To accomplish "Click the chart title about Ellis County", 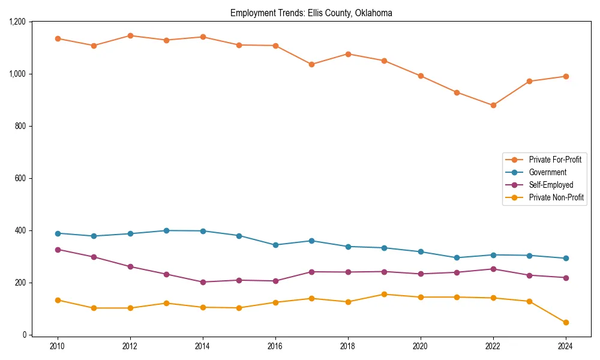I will (x=311, y=13).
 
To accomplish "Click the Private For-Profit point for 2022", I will (x=493, y=105).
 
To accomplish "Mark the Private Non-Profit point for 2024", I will (x=566, y=322).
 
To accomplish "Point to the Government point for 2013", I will (x=166, y=230).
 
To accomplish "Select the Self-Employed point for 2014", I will (x=203, y=282).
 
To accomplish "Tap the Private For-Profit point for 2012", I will (x=130, y=35).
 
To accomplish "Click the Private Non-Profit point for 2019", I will (x=384, y=294).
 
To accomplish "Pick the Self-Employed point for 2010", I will (x=58, y=250).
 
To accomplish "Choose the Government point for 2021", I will (x=457, y=257).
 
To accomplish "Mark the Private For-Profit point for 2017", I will (x=311, y=64).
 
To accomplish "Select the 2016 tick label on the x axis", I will (x=275, y=346).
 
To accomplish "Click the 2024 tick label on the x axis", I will (x=566, y=346).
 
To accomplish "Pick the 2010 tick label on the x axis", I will (x=58, y=346).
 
